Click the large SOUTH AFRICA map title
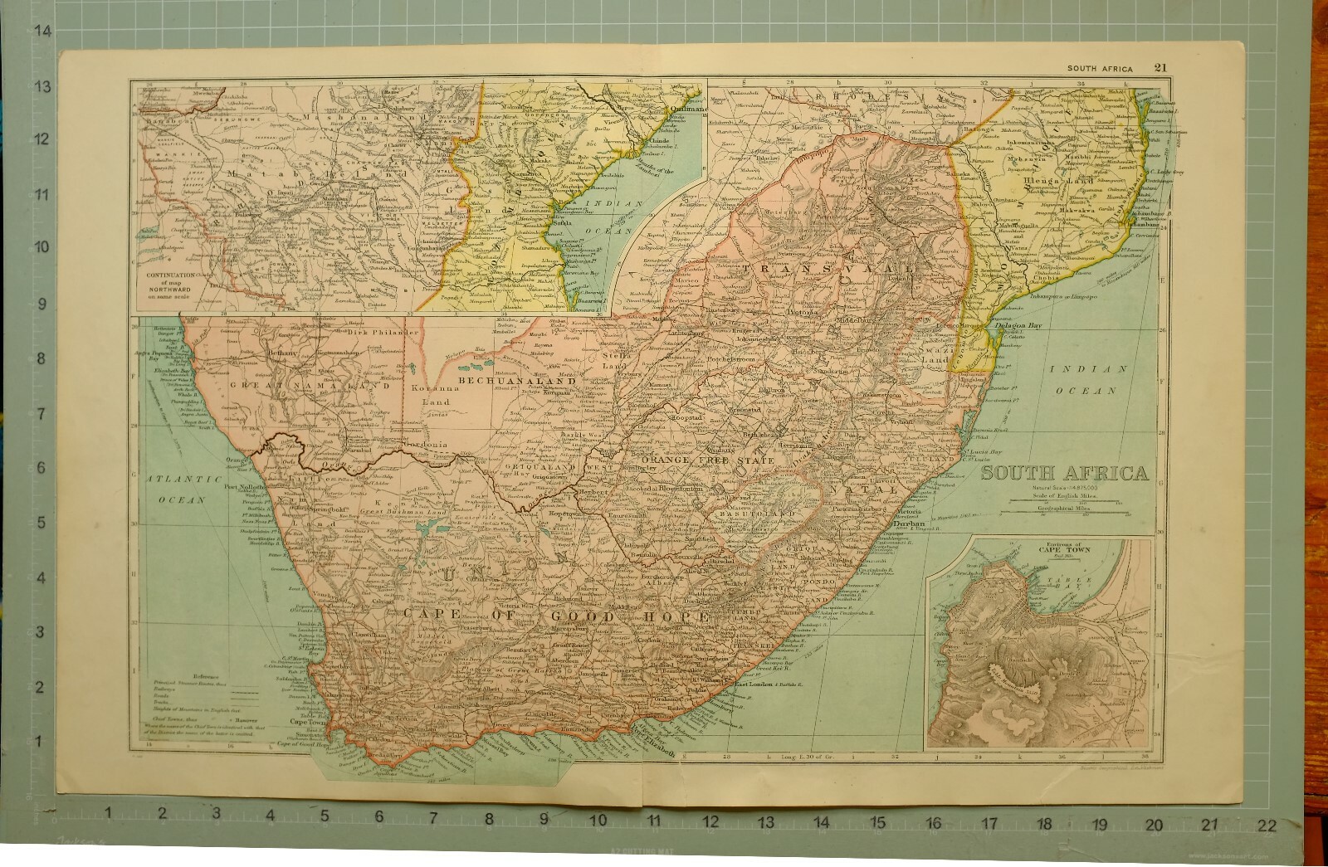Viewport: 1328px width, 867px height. [1065, 474]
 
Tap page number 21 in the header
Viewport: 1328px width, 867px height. [1160, 68]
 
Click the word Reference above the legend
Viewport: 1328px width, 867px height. [208, 678]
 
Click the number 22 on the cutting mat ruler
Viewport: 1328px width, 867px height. [1266, 826]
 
